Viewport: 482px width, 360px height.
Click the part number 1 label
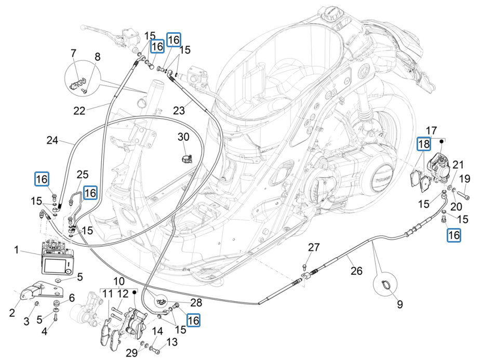point(16,250)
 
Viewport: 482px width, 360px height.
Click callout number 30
point(184,137)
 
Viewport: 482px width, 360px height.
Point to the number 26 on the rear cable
point(356,271)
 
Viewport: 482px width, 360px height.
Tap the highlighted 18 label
point(424,144)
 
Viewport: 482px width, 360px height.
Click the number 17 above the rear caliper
point(432,130)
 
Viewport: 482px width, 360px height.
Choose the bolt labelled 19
point(464,196)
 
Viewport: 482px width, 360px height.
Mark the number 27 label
point(314,247)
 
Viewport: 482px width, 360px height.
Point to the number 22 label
point(79,111)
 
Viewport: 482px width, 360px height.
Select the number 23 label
point(179,110)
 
